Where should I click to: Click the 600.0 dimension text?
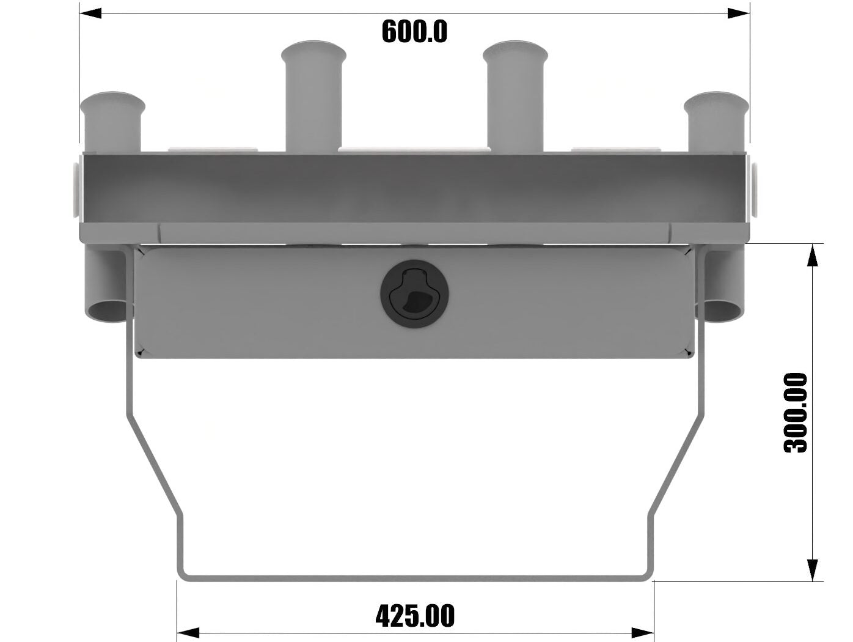click(414, 32)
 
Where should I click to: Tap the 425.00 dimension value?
click(415, 616)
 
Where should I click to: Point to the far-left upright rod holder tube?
click(112, 122)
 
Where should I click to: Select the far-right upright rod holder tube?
click(716, 122)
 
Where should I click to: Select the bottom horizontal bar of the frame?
click(415, 576)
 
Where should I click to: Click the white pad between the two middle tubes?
click(414, 149)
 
